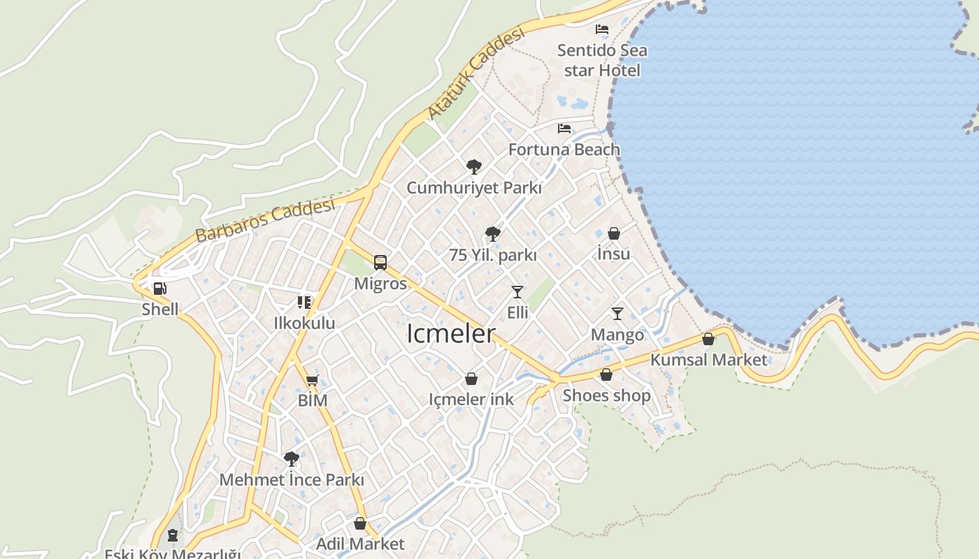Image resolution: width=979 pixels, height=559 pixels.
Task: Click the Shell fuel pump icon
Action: pos(159,288)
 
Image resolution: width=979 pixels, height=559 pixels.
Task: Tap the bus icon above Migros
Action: pos(380,263)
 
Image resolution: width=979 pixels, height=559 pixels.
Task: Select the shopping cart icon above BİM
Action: pos(313,380)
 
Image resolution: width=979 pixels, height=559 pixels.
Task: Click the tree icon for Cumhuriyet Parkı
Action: pos(474,166)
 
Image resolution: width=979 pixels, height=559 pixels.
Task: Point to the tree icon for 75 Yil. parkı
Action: pos(493,233)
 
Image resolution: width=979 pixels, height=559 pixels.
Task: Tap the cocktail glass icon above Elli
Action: pos(517,291)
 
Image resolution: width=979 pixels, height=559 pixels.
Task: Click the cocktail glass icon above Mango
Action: pos(617,314)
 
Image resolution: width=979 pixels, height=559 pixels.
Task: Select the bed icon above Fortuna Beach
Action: pos(564,129)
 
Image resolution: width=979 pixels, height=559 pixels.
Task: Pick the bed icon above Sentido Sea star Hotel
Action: pos(602,29)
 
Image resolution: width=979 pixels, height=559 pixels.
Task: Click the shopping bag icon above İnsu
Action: pos(614,233)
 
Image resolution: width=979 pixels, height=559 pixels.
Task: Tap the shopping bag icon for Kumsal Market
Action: pos(708,340)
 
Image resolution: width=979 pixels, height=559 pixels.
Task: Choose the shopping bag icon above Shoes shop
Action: pos(606,375)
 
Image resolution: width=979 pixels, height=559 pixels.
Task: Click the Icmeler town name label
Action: pos(451,334)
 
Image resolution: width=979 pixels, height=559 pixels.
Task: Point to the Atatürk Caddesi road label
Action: pos(476,73)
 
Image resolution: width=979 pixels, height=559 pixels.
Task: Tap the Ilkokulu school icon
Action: pos(304,303)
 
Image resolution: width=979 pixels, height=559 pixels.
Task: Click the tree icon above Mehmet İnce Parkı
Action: pos(292,459)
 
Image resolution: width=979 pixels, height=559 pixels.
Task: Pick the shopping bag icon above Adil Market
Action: pos(360,523)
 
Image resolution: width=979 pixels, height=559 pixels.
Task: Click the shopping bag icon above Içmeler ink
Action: pos(471,379)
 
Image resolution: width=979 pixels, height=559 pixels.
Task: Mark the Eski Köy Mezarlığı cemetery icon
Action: pos(173,536)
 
